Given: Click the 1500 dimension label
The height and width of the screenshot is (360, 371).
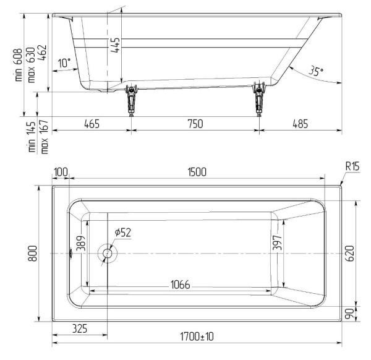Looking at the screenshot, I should (x=197, y=171).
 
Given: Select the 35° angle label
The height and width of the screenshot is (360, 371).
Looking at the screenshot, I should (x=316, y=72).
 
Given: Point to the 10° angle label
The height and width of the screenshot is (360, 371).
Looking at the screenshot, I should (x=64, y=62).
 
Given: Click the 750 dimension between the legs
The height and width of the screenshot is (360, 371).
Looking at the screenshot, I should (x=194, y=124).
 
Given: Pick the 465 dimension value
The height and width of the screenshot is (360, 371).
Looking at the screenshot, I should (x=92, y=124).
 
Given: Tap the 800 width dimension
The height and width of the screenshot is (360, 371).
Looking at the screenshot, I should (x=35, y=254).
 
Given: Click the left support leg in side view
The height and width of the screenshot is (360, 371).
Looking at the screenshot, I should (x=130, y=99).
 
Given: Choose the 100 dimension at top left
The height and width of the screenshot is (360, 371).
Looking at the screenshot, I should (x=61, y=171).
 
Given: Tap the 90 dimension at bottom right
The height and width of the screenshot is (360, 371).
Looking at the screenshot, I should (x=349, y=315).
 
